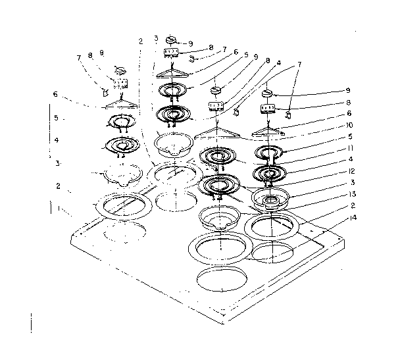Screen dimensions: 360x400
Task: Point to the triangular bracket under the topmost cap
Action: click(x=172, y=70)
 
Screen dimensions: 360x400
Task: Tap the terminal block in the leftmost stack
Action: click(x=120, y=84)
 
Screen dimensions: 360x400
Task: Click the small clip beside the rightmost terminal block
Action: click(x=288, y=115)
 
